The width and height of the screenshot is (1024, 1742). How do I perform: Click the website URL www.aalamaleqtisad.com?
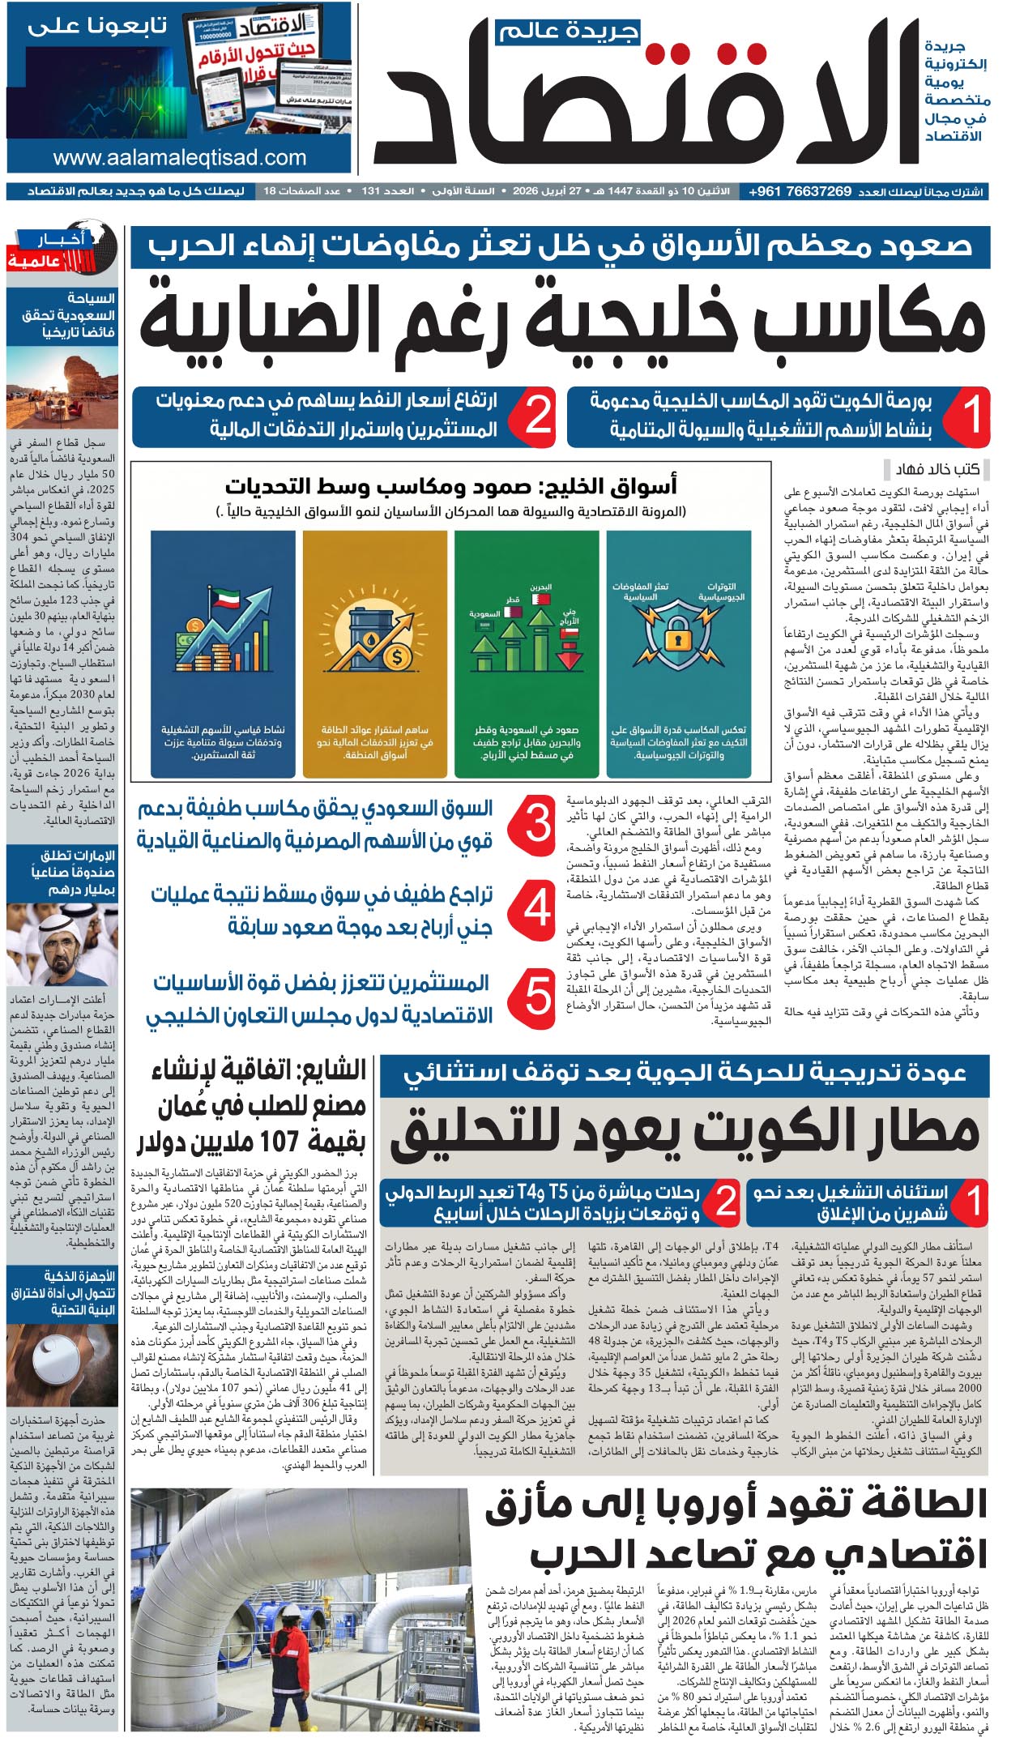point(179,157)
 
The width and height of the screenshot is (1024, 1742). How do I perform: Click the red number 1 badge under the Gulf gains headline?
point(971,415)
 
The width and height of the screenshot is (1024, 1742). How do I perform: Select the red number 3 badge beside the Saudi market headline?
point(537,826)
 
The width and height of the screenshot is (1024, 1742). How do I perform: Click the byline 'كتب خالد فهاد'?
point(937,469)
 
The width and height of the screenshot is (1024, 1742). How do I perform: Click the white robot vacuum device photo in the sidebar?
point(61,1368)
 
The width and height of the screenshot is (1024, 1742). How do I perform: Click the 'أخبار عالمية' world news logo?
point(61,250)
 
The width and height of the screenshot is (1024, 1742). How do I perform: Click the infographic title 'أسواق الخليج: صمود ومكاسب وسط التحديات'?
point(450,487)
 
